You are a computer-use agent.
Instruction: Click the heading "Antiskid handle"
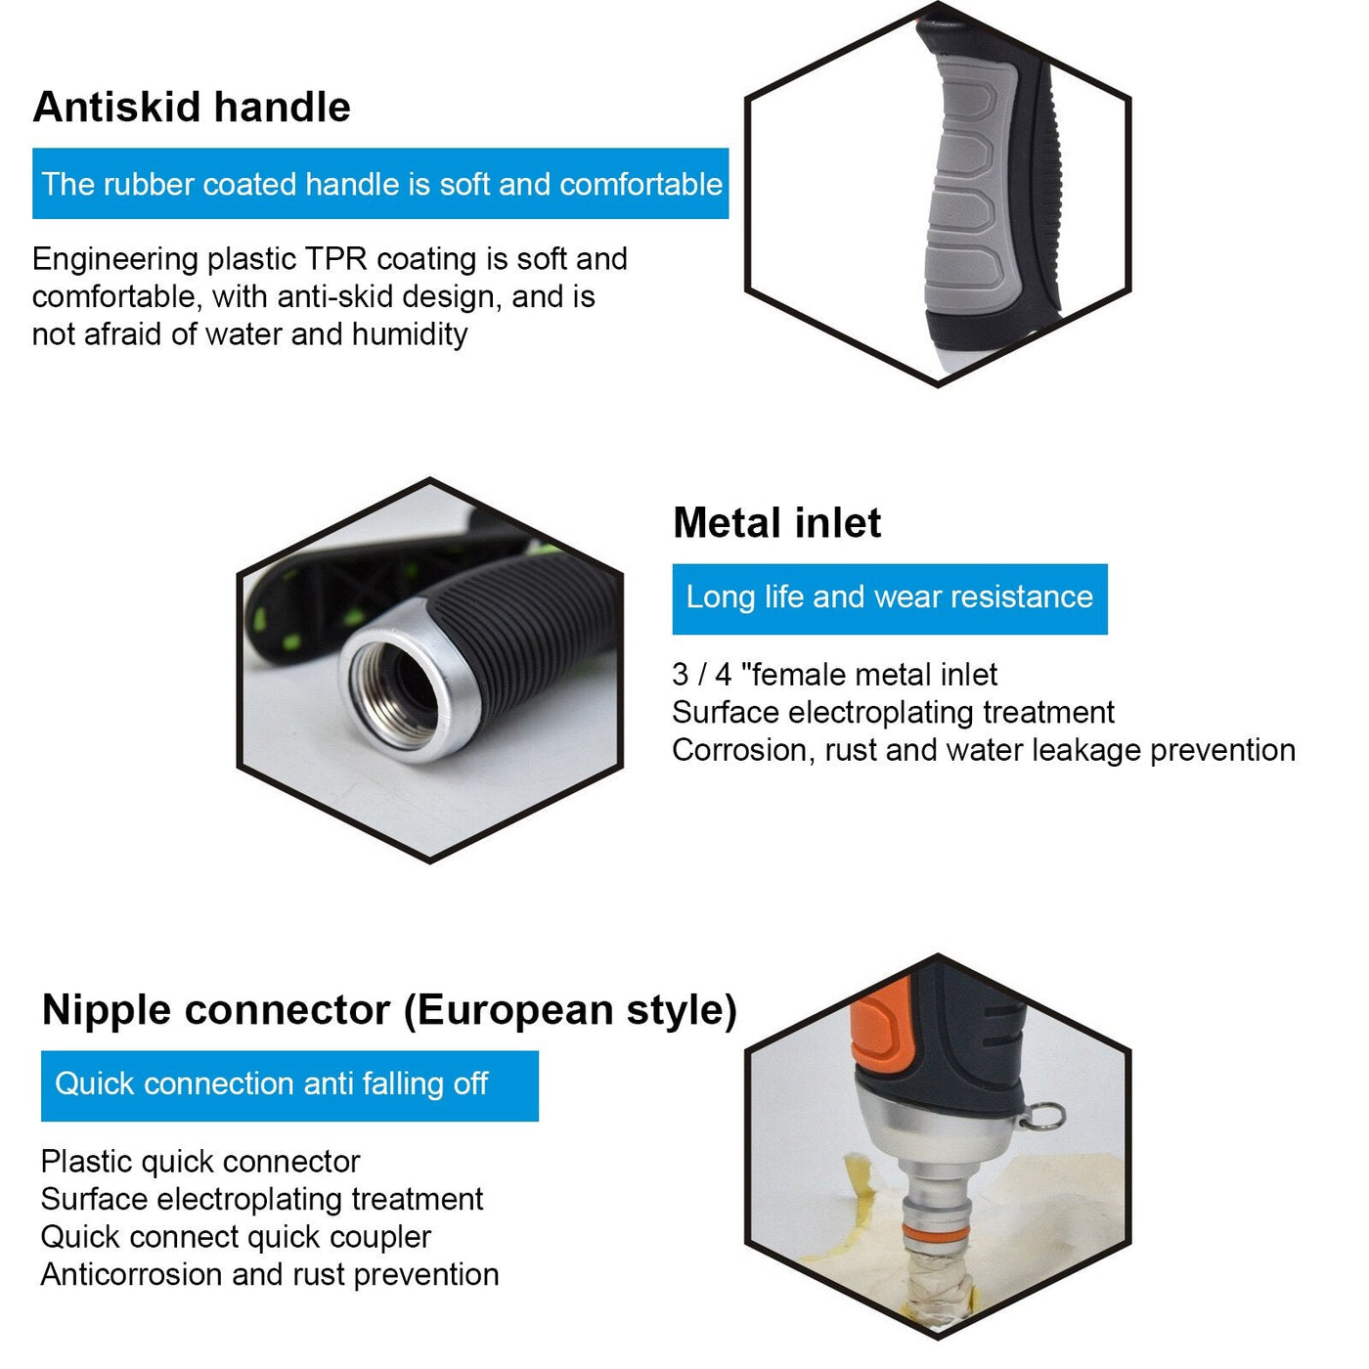click(x=192, y=108)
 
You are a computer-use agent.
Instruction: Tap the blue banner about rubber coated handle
click(x=380, y=183)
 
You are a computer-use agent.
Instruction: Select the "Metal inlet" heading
click(x=776, y=523)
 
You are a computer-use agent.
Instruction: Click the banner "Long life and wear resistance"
click(x=890, y=598)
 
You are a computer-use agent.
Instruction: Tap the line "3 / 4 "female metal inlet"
click(x=835, y=674)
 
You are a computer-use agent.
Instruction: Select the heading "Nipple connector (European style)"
click(x=389, y=1010)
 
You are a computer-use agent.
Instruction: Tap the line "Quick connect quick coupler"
click(x=236, y=1238)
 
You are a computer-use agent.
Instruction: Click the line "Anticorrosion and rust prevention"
click(x=270, y=1274)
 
